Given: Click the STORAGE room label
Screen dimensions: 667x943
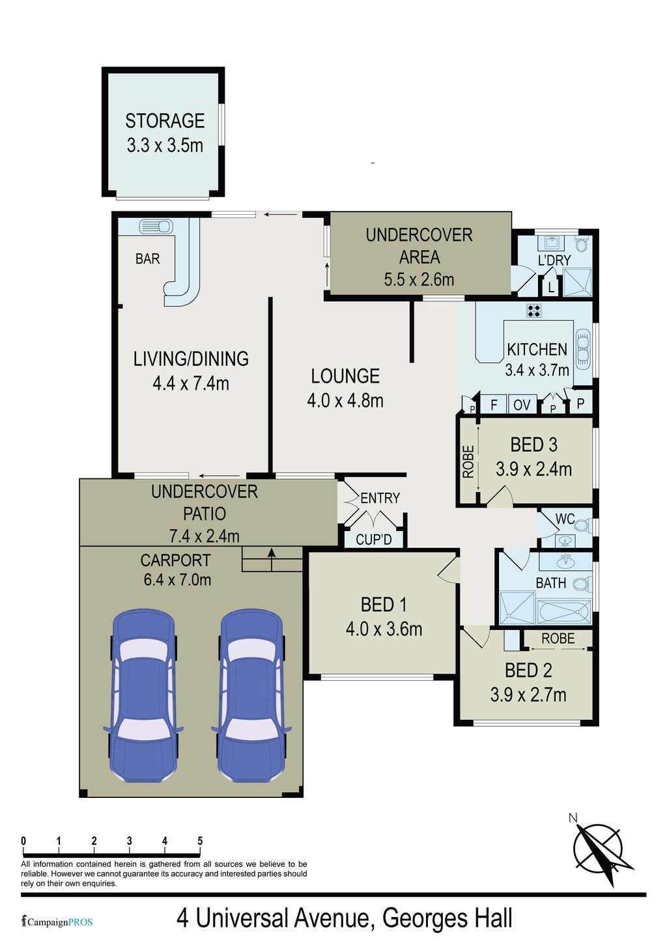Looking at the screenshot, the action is pyautogui.click(x=165, y=121).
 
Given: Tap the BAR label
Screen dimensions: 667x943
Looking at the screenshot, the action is pyautogui.click(x=147, y=258).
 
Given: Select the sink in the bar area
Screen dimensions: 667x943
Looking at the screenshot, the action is pyautogui.click(x=156, y=226).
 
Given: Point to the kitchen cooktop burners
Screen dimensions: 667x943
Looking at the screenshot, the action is pyautogui.click(x=534, y=311).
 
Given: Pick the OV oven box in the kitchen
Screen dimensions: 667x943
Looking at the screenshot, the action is pyautogui.click(x=522, y=405).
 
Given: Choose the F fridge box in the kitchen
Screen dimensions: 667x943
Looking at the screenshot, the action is pyautogui.click(x=494, y=405).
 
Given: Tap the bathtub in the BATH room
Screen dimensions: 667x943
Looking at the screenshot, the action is pyautogui.click(x=565, y=612).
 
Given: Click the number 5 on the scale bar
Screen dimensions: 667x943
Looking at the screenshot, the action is pyautogui.click(x=200, y=840).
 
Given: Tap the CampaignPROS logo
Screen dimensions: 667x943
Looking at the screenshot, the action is pyautogui.click(x=57, y=922).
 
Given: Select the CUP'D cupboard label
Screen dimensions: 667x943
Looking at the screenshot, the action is pyautogui.click(x=373, y=540).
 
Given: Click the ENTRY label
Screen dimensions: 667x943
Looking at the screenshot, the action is pyautogui.click(x=380, y=499).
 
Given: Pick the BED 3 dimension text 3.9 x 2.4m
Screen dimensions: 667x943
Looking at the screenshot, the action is pyautogui.click(x=533, y=469).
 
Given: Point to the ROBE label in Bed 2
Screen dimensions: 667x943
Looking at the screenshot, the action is pyautogui.click(x=558, y=638).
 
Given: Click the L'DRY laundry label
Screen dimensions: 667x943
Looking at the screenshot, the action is pyautogui.click(x=554, y=260).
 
